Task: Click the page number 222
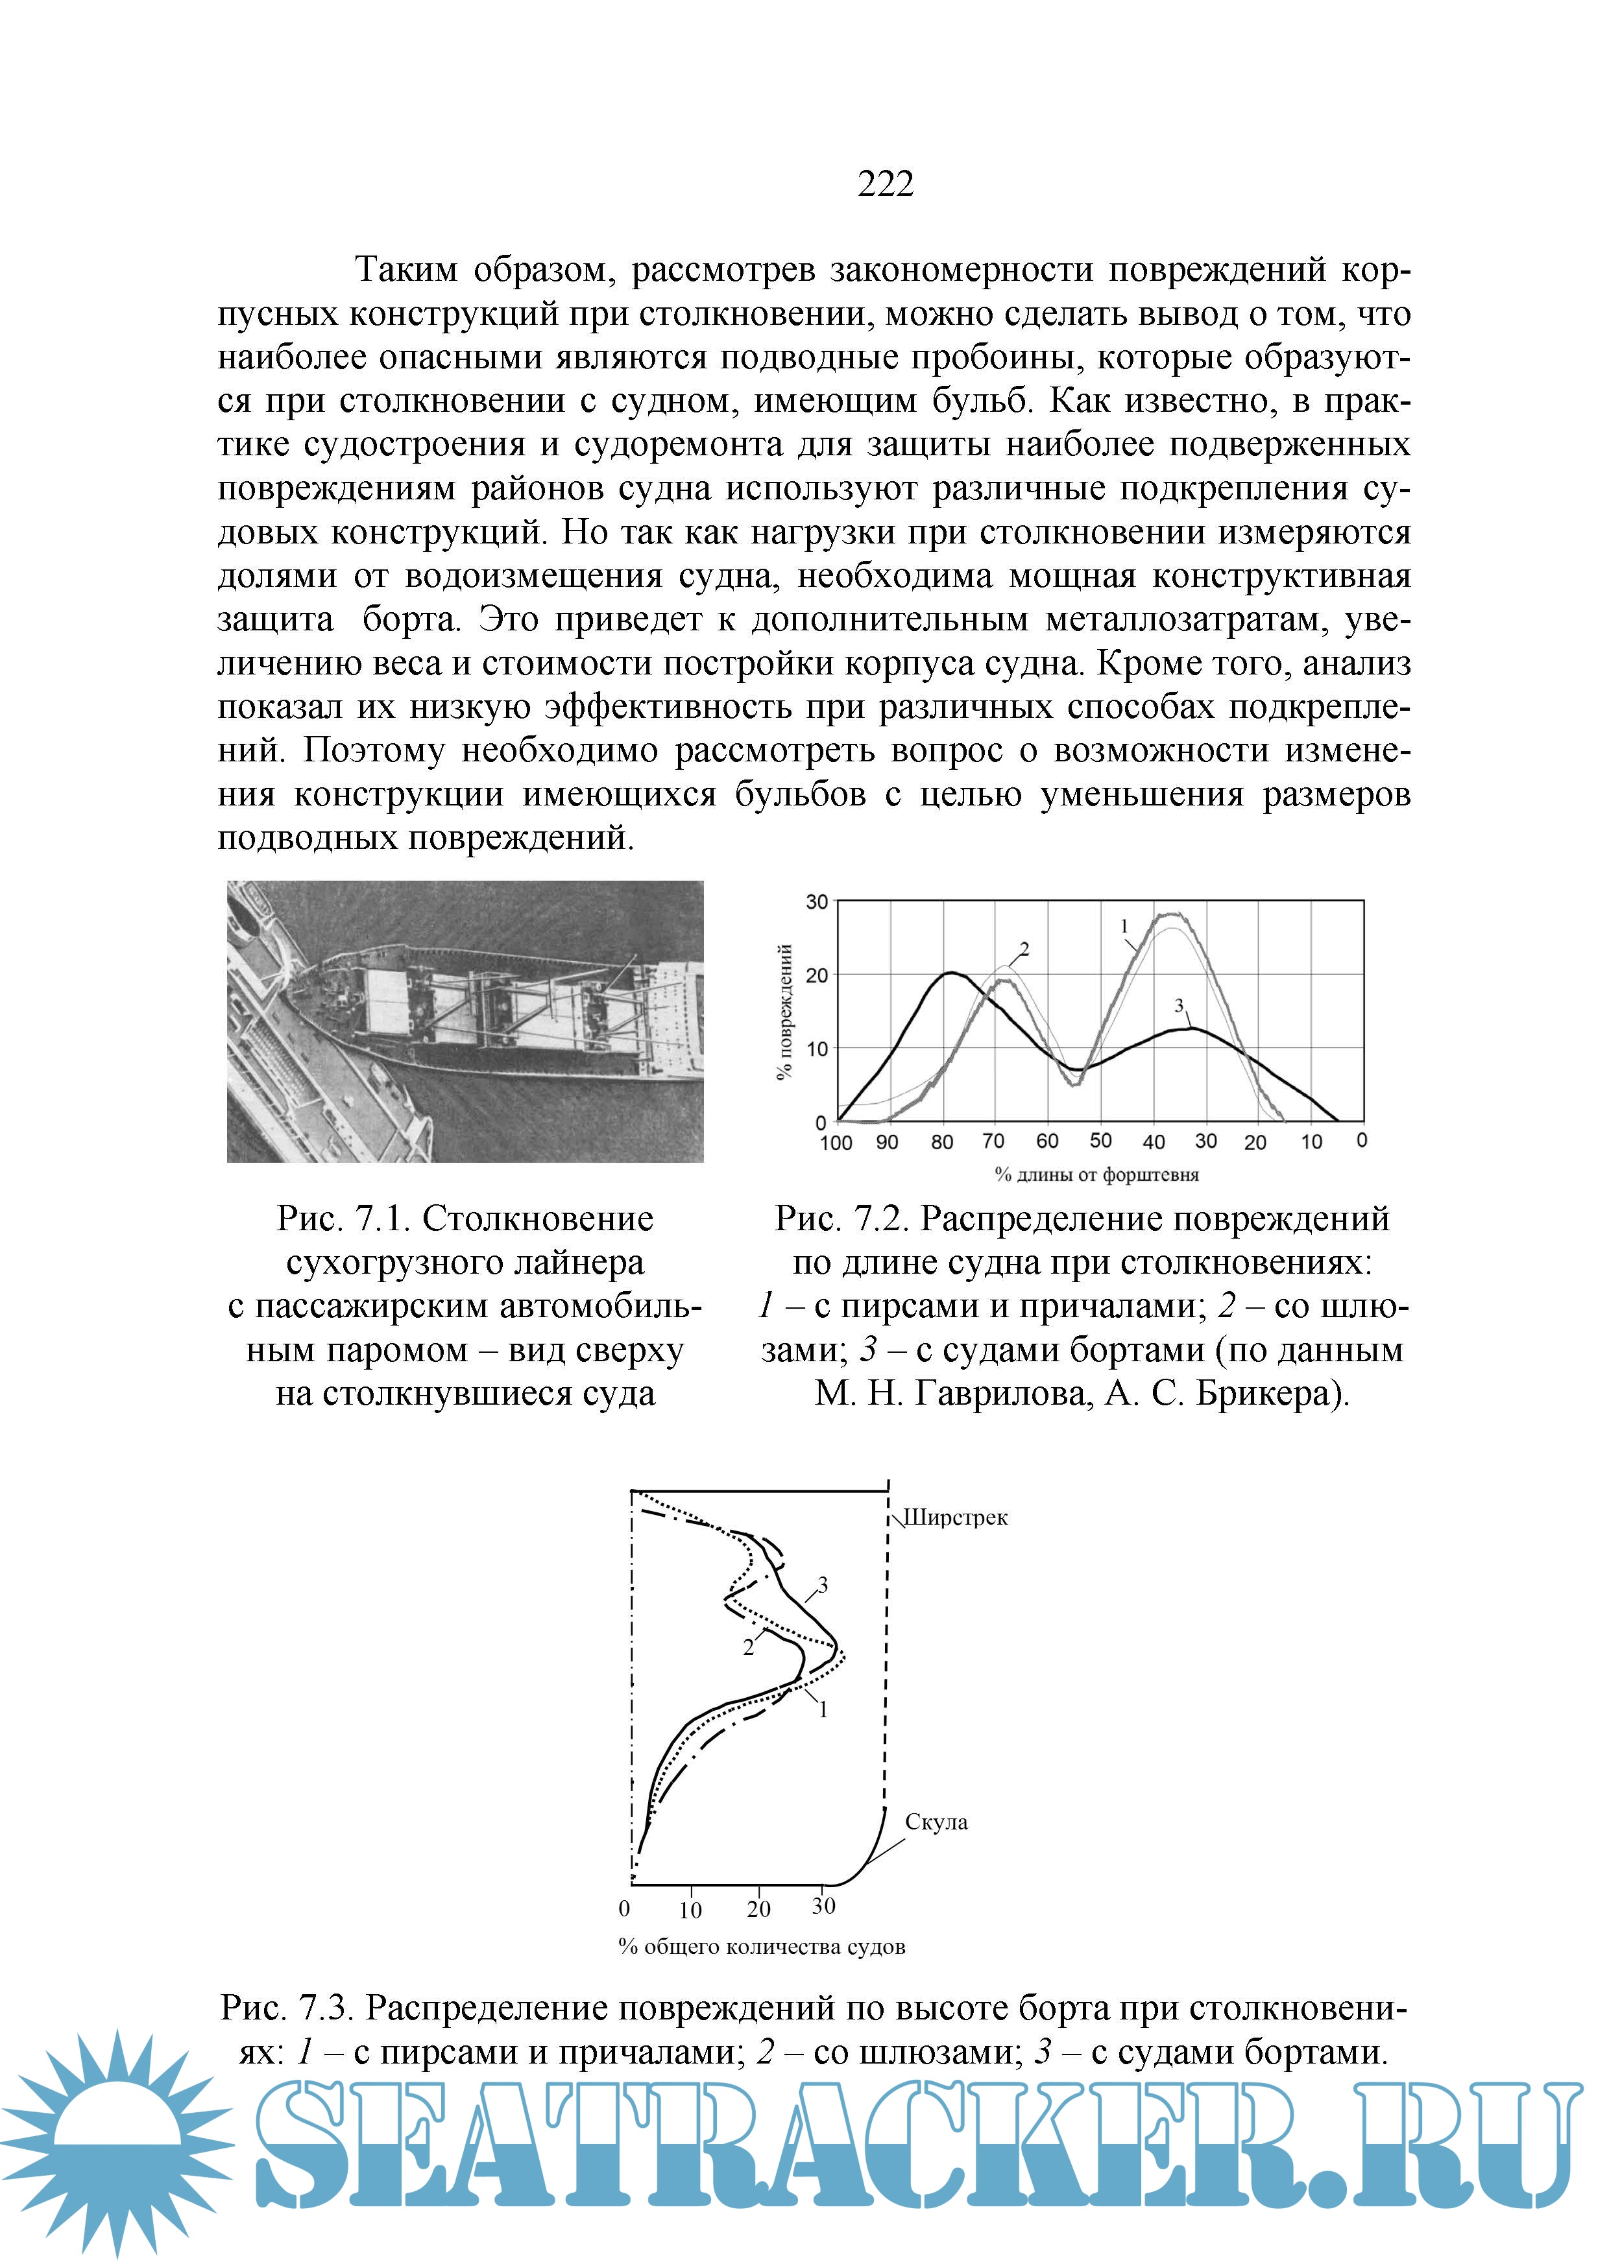885,184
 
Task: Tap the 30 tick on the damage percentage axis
816,902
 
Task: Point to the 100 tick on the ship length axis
835,1143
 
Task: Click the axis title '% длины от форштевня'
1096,1176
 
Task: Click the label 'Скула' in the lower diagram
936,1822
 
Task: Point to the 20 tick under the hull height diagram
758,1909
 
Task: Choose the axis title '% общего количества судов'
761,1947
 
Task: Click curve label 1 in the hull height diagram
822,1710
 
